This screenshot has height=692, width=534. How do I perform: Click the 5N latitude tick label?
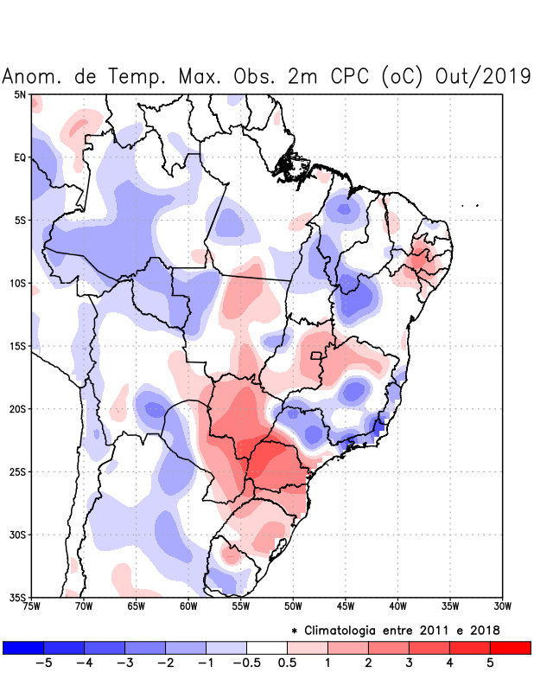coord(19,94)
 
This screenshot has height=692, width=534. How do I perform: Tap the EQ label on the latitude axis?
coord(19,157)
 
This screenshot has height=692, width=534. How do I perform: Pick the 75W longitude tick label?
coord(32,606)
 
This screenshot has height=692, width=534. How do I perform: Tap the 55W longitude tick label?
coord(241,606)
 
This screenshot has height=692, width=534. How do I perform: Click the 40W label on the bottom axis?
coord(398,606)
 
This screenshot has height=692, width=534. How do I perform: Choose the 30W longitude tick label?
coord(503,606)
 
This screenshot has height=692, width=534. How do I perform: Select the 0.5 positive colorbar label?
coord(287,663)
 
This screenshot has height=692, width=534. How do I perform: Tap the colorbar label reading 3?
coord(409,663)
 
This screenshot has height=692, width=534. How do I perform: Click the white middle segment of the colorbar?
coord(267,647)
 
